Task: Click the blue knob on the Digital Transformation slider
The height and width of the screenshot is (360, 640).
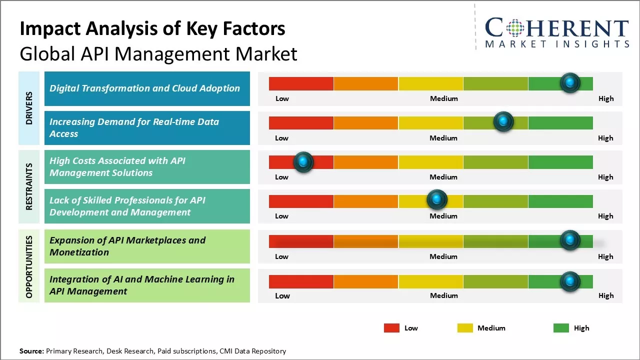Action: tap(569, 83)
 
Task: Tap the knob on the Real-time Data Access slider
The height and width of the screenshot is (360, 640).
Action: tap(503, 122)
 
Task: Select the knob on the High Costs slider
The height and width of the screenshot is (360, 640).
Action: tap(303, 162)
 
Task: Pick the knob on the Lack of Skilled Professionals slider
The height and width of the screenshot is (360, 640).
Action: tap(437, 200)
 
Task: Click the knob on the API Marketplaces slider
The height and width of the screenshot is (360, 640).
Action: tap(569, 240)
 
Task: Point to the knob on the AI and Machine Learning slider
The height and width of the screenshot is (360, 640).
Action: tap(569, 282)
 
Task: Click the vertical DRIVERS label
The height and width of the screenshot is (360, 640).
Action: tap(29, 108)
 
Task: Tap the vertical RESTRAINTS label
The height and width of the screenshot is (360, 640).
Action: tap(29, 186)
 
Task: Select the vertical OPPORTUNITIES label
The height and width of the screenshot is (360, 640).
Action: tap(29, 266)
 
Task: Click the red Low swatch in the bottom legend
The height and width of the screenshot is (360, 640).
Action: tap(391, 328)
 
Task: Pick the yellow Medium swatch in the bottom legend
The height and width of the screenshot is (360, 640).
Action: tap(465, 328)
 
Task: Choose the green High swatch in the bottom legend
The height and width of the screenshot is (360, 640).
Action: tap(561, 328)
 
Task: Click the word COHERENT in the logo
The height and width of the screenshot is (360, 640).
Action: tap(557, 28)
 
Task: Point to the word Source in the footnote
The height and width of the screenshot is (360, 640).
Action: tap(31, 351)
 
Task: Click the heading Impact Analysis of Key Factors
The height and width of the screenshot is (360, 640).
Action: tap(152, 29)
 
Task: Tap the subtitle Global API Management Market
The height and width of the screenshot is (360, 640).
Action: tap(158, 53)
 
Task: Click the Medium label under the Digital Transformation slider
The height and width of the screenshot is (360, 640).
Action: tap(444, 98)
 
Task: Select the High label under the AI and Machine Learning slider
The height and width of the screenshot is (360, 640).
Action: tap(606, 295)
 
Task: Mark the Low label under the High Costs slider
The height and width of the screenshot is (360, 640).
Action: tap(282, 177)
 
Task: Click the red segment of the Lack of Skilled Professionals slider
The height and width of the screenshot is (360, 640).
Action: tap(301, 201)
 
